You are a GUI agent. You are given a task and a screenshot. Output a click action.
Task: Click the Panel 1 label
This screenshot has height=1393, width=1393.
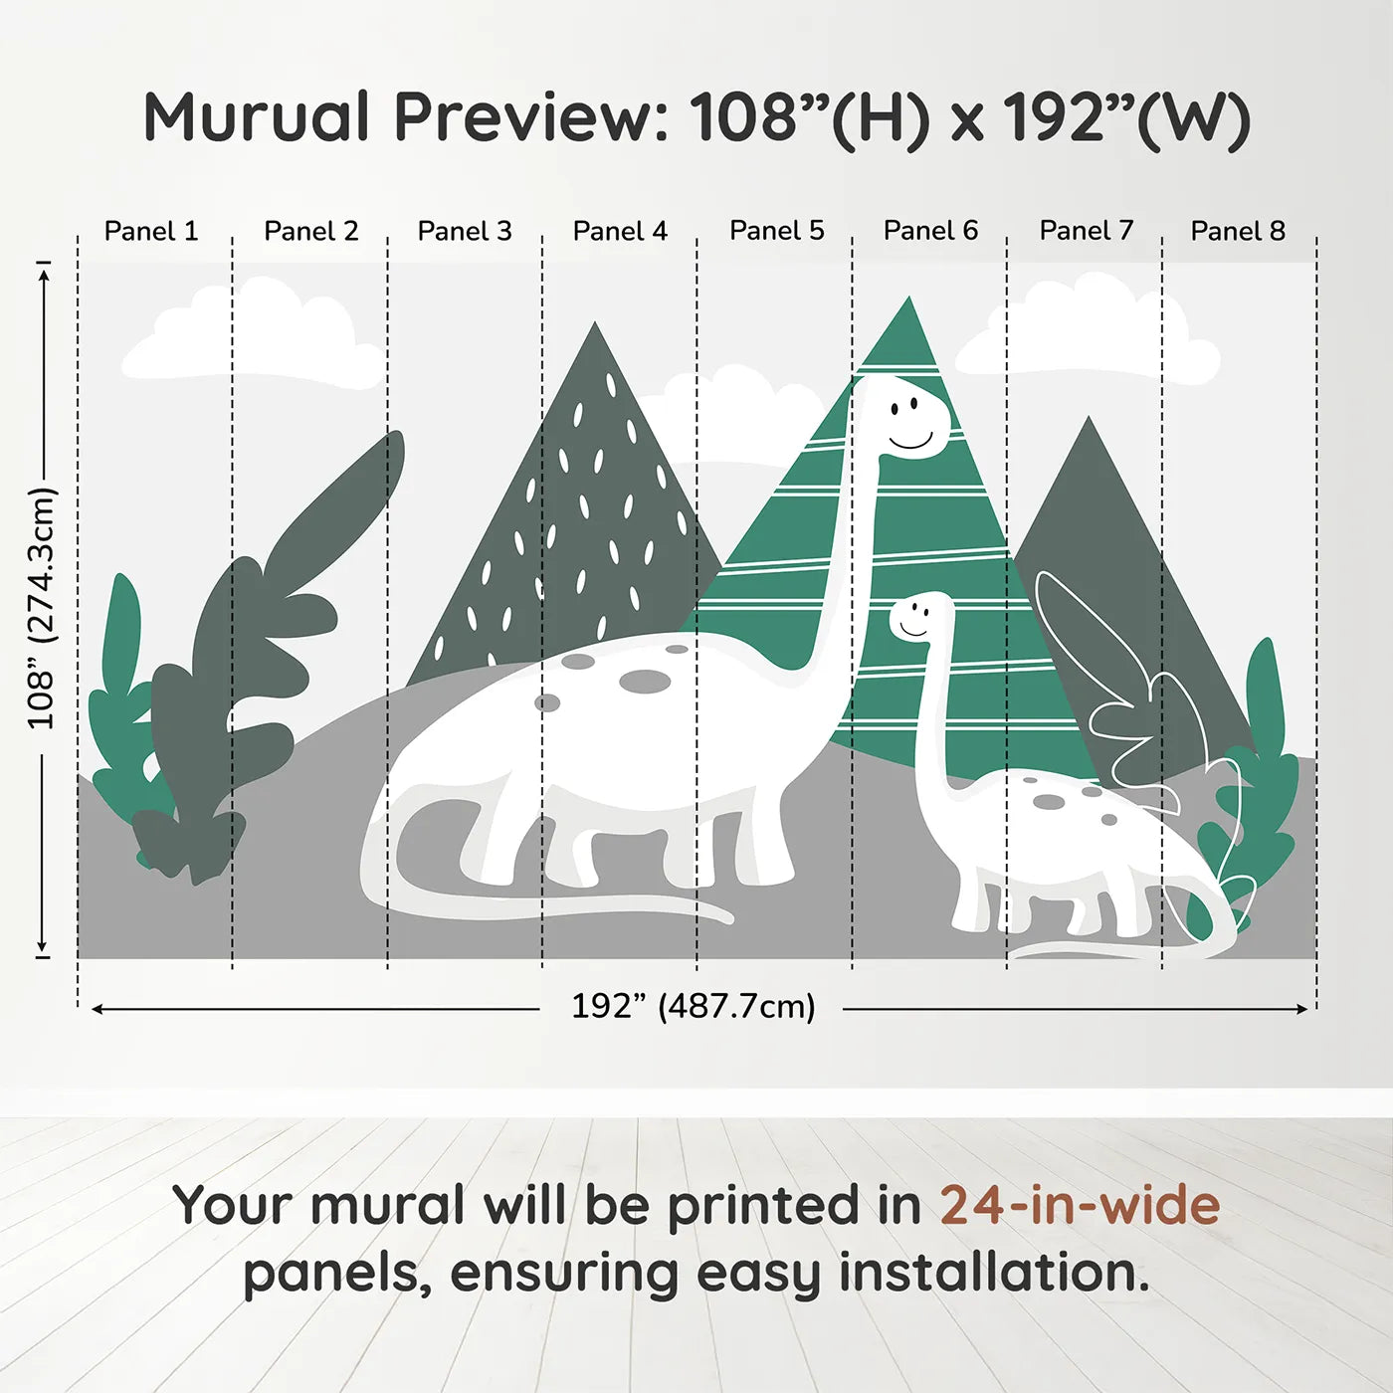coord(151,231)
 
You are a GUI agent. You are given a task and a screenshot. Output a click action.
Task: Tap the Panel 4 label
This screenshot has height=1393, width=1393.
coord(620,231)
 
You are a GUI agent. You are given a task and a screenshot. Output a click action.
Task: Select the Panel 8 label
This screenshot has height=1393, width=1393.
coord(1238,231)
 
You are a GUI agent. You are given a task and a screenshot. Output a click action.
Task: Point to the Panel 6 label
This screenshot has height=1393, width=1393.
coord(930,231)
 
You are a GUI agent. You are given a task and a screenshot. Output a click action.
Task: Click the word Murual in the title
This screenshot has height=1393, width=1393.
coord(257,117)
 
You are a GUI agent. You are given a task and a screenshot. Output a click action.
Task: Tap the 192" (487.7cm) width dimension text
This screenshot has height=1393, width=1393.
coord(693,1006)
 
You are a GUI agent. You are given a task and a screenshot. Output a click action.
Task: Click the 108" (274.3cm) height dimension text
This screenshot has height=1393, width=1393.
coord(42,608)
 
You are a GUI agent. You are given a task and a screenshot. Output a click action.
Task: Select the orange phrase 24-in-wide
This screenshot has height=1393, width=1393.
coord(1080,1205)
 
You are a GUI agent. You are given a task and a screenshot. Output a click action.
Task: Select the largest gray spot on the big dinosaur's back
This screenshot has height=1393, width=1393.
coord(645,682)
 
